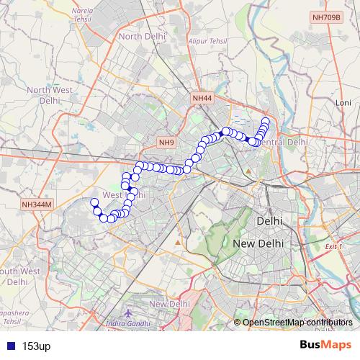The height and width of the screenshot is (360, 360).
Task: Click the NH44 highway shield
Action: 203,97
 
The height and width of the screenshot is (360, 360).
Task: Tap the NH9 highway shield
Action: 167,142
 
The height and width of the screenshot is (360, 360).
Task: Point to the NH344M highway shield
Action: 37,204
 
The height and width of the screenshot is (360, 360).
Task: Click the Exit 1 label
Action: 333,246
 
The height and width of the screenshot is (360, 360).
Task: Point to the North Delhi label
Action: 143,36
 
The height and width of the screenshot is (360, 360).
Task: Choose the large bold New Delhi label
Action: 258,244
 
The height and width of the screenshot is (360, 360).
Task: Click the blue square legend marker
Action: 9,346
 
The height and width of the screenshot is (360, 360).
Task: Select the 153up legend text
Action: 35,346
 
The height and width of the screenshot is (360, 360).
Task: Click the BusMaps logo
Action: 326,345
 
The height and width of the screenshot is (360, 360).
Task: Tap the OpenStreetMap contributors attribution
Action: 297,322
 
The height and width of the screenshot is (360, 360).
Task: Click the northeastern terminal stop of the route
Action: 265,121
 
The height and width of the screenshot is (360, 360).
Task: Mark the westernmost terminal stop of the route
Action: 94,202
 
